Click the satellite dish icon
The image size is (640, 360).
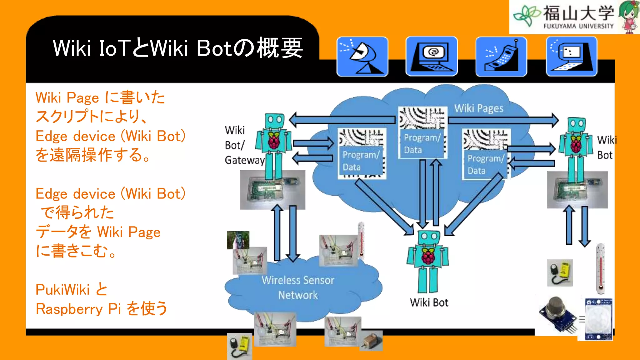362,57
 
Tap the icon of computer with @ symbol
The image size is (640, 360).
432,57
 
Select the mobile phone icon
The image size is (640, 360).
501,57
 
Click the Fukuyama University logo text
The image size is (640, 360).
578,17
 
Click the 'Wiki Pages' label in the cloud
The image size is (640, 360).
478,108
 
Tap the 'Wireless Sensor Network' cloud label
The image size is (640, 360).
298,287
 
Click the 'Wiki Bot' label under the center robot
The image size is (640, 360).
429,302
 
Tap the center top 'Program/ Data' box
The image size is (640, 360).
422,144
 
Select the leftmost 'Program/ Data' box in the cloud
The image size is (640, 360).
361,161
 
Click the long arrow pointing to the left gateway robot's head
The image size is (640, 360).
342,120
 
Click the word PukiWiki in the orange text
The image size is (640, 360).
62,289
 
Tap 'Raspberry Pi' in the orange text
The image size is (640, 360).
78,309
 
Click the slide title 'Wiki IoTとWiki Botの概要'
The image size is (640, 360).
177,48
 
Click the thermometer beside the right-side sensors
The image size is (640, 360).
600,269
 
